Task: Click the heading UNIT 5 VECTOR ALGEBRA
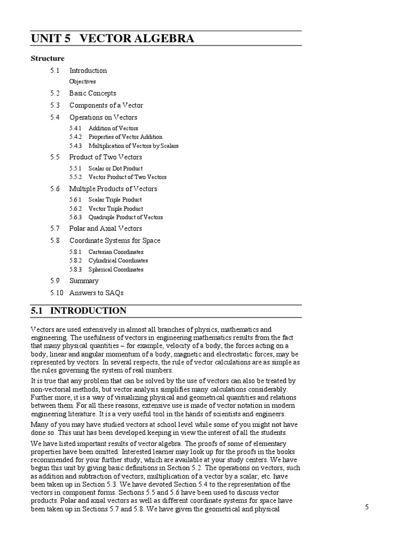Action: tap(112, 39)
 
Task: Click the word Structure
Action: tap(48, 59)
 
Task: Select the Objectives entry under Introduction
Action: tap(82, 82)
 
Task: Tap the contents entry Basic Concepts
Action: tap(93, 94)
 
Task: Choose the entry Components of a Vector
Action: tap(106, 106)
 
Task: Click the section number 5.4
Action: tap(56, 117)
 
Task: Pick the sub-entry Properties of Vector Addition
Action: tap(125, 137)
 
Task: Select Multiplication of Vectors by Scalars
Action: tap(133, 146)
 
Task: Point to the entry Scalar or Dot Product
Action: tap(115, 169)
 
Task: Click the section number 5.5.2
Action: tap(76, 178)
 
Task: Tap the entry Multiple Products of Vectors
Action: tap(113, 189)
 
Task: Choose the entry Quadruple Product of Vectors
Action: tap(125, 217)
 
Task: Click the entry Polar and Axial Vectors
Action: tap(106, 229)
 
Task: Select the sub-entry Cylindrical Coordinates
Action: tap(118, 260)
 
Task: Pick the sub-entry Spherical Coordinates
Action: tap(116, 269)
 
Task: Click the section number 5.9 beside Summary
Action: tap(56, 281)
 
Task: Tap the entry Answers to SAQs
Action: tap(96, 293)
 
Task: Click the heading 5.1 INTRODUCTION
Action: tap(79, 311)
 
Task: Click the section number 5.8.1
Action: tap(76, 252)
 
